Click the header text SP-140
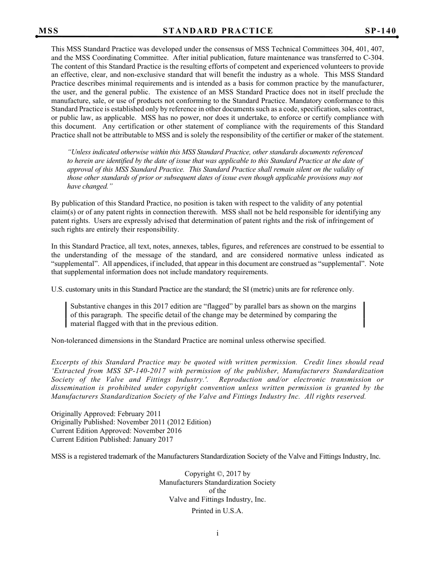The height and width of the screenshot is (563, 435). click(x=381, y=31)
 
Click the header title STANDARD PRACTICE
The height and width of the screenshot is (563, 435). click(x=217, y=31)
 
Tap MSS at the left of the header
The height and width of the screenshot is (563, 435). click(x=49, y=31)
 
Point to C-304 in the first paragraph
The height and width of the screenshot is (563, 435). click(x=373, y=58)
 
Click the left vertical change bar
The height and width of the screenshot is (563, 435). click(x=66, y=314)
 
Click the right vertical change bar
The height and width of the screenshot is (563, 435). click(x=364, y=314)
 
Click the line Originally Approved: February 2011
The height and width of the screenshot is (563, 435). click(x=106, y=414)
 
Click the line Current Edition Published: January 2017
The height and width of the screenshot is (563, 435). click(x=112, y=439)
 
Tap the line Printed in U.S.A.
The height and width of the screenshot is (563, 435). click(x=217, y=511)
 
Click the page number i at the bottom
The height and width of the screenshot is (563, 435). click(x=217, y=533)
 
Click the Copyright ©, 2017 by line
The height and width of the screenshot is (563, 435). click(x=217, y=474)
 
